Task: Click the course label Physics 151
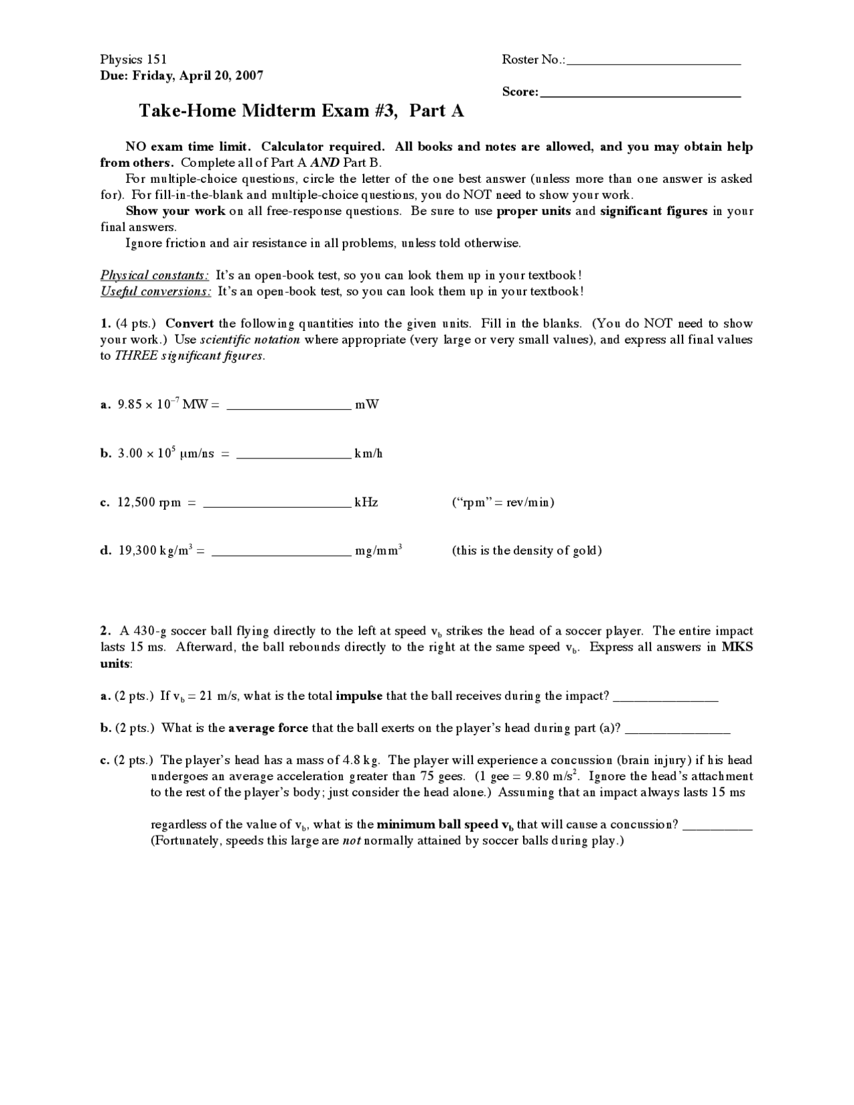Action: pyautogui.click(x=133, y=59)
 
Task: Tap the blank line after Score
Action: pyautogui.click(x=640, y=93)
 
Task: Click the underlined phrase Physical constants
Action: pyautogui.click(x=154, y=276)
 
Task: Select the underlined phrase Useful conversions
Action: pyautogui.click(x=155, y=292)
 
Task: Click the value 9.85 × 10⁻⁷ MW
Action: pyautogui.click(x=163, y=404)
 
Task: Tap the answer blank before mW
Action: pyautogui.click(x=289, y=404)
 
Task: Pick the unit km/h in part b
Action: pyautogui.click(x=368, y=454)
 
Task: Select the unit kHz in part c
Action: pyautogui.click(x=366, y=502)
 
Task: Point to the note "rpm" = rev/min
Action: pyautogui.click(x=503, y=502)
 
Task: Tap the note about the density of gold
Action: pyautogui.click(x=526, y=551)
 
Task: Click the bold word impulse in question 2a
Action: pyautogui.click(x=359, y=696)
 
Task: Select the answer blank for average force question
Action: pyautogui.click(x=677, y=729)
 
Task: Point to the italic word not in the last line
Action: pyautogui.click(x=351, y=841)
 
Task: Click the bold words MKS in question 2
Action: pyautogui.click(x=737, y=647)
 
